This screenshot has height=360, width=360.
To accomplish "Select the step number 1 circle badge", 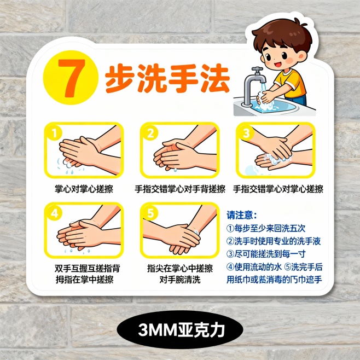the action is click(54, 133).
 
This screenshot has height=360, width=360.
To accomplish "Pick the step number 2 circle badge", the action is click(150, 133).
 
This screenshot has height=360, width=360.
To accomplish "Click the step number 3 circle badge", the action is click(246, 133).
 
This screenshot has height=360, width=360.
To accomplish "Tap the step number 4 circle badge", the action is click(54, 213).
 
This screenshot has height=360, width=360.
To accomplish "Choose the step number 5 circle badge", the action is click(150, 213).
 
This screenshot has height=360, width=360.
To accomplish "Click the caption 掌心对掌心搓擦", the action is click(84, 189).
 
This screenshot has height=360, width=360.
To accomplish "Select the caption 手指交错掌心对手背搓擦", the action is click(180, 189).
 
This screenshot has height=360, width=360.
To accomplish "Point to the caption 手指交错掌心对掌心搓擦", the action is click(278, 189).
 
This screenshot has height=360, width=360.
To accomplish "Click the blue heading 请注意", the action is click(241, 215).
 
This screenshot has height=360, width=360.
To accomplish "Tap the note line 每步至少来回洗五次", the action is click(266, 228).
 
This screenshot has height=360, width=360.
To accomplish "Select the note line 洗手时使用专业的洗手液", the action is click(274, 241).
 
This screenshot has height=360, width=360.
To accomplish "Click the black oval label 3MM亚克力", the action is click(180, 330).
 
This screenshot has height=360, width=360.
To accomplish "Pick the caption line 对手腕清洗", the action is click(180, 280).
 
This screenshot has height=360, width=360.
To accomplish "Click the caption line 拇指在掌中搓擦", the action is click(84, 280).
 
